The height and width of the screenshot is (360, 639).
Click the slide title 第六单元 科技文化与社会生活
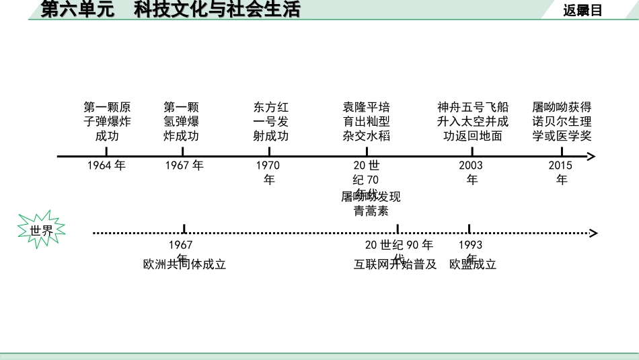171,9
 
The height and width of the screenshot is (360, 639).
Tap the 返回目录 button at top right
582,10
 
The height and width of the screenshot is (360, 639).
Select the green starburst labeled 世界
41,230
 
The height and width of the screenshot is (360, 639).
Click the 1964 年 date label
106,166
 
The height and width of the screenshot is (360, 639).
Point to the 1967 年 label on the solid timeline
184,166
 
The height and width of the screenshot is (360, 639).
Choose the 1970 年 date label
268,172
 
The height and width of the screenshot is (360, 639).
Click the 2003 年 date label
472,172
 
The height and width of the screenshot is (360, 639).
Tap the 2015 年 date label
561,172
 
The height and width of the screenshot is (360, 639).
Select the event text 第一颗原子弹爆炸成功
107,121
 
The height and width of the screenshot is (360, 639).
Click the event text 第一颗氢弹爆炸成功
182,121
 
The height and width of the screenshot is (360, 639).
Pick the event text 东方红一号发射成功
270,121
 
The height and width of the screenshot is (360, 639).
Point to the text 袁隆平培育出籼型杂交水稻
366,121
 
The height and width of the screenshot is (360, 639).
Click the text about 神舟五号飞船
473,121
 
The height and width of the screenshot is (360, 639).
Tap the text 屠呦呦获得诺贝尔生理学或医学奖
562,121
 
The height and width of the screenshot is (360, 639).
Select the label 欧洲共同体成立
184,264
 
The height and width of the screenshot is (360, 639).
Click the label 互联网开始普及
396,264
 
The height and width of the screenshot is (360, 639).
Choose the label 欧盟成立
472,264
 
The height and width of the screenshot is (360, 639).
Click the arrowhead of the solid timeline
591,157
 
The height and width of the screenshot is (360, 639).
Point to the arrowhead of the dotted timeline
593,233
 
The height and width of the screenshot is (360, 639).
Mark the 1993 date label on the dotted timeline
470,245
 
